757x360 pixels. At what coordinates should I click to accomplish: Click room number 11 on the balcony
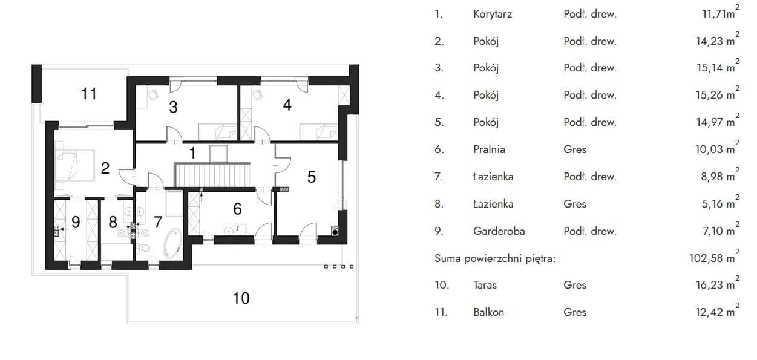tap(89, 94)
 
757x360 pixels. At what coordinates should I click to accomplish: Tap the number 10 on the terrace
tap(241, 298)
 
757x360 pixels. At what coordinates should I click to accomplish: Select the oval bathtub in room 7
tap(172, 243)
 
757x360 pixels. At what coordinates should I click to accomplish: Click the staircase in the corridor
tap(212, 174)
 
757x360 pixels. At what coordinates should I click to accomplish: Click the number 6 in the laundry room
tap(237, 209)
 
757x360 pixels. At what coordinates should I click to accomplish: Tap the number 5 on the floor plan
tap(311, 177)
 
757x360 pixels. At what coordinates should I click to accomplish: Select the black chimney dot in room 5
tap(335, 232)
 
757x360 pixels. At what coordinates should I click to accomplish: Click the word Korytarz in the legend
tap(493, 14)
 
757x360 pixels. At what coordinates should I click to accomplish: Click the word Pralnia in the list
tap(489, 149)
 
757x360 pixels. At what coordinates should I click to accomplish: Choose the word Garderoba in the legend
tap(499, 231)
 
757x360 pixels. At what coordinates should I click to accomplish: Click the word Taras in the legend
tap(485, 286)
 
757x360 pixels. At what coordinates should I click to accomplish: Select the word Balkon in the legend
tap(489, 312)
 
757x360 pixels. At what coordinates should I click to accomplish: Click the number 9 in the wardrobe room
tap(76, 223)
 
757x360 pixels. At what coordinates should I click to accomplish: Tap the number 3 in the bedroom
tap(173, 107)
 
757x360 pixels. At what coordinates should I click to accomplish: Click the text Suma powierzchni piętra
tap(495, 259)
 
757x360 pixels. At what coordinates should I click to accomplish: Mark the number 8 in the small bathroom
tap(113, 223)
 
